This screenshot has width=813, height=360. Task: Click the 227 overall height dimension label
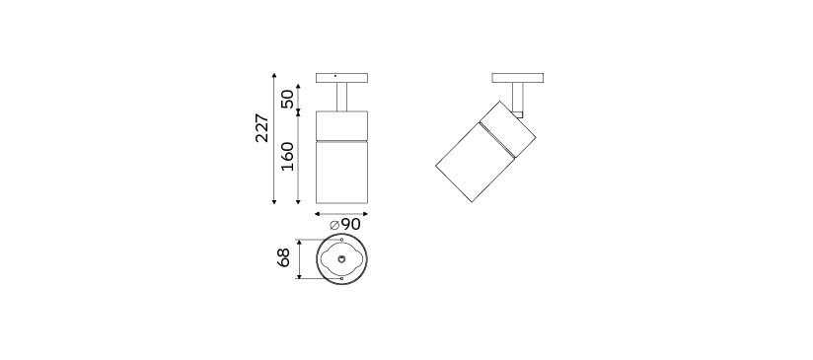pyautogui.click(x=262, y=128)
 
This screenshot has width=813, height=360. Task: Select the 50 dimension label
pyautogui.click(x=287, y=99)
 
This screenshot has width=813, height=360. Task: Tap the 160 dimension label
pyautogui.click(x=287, y=157)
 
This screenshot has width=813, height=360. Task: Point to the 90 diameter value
pyautogui.click(x=350, y=224)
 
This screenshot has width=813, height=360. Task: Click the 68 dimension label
pyautogui.click(x=283, y=257)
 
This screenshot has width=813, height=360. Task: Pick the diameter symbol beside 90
pyautogui.click(x=334, y=225)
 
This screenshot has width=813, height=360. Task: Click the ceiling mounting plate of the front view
pyautogui.click(x=341, y=78)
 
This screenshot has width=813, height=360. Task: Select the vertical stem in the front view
pyautogui.click(x=341, y=97)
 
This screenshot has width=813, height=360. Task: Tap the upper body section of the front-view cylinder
pyautogui.click(x=341, y=125)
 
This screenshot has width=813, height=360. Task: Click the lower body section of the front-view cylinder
pyautogui.click(x=341, y=172)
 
